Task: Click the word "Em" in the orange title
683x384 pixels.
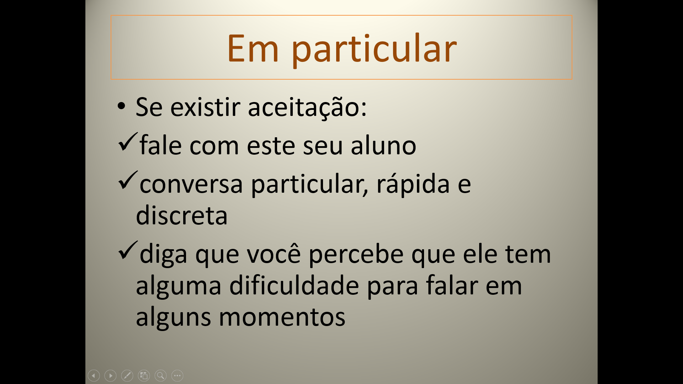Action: click(253, 48)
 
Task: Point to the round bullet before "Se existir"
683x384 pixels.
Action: click(121, 106)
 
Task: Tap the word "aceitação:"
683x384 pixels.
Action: click(307, 107)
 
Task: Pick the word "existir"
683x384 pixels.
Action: click(206, 106)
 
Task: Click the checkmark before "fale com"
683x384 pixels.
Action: click(128, 142)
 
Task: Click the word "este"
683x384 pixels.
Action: click(271, 146)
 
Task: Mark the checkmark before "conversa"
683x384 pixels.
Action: click(128, 180)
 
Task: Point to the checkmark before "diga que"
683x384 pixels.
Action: click(128, 250)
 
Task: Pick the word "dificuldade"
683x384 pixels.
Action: click(294, 285)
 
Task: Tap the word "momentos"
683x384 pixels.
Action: click(282, 318)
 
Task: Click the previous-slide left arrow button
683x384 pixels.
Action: click(94, 375)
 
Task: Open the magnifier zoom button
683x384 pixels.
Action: click(160, 375)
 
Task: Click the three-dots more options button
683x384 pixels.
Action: click(177, 375)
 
